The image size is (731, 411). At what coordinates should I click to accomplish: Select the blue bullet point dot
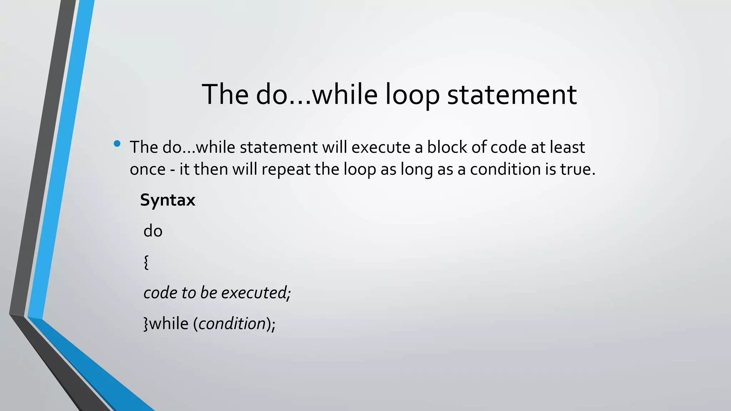point(117,144)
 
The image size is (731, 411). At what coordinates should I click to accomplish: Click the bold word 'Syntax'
point(167,200)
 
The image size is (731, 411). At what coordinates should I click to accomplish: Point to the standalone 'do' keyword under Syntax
point(153,231)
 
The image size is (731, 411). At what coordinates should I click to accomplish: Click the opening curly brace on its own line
point(146,263)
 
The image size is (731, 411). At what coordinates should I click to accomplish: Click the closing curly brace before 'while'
point(146,324)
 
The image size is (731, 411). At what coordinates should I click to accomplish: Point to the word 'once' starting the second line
point(147,169)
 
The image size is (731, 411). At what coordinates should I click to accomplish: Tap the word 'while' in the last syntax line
point(168,324)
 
